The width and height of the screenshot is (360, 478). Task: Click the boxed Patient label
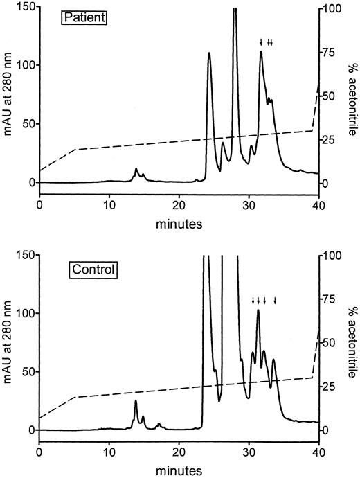(87, 17)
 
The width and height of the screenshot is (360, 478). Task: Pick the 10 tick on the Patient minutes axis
(109, 206)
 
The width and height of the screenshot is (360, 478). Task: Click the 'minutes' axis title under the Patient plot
(179, 224)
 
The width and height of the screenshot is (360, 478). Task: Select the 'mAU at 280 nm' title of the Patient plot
(8, 96)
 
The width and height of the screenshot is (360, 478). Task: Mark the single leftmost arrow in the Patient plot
(261, 43)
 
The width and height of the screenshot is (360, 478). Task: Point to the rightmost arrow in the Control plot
(275, 301)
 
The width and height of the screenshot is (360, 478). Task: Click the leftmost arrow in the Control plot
(253, 301)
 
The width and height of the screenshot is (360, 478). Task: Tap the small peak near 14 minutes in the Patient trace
(136, 169)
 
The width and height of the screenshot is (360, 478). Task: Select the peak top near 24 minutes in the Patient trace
(209, 53)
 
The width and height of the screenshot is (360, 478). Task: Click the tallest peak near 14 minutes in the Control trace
(136, 401)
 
